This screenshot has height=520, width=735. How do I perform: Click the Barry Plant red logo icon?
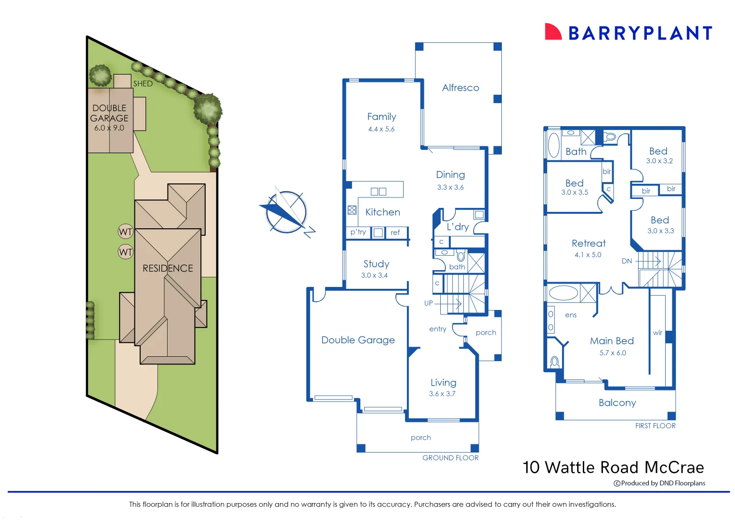tap(553, 32)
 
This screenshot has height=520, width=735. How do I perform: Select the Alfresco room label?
tap(460, 88)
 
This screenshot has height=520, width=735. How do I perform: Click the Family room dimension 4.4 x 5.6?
tap(381, 129)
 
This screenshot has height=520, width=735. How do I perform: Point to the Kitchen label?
tap(382, 212)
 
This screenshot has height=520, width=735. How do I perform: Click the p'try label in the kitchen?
tap(358, 232)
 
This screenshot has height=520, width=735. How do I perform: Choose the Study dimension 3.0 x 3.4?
tap(374, 275)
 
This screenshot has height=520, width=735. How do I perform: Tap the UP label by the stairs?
tap(428, 303)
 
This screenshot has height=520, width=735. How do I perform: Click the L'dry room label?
tap(457, 227)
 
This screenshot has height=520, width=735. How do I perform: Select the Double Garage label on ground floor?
tap(358, 340)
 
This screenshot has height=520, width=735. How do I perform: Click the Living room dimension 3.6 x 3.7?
tap(442, 394)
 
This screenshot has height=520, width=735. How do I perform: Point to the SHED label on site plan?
tap(143, 84)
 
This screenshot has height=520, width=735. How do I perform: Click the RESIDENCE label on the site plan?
tap(168, 268)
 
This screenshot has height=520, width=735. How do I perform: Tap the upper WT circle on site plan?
tap(126, 232)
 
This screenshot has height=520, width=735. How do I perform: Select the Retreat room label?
tap(589, 244)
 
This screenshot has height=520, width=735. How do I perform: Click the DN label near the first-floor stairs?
tap(627, 261)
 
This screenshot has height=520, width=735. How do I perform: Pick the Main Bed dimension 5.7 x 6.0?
tap(613, 353)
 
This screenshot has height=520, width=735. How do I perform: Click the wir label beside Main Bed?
tap(657, 333)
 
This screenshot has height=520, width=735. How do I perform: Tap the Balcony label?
tap(617, 403)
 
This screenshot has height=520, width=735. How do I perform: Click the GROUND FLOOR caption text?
tap(450, 458)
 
